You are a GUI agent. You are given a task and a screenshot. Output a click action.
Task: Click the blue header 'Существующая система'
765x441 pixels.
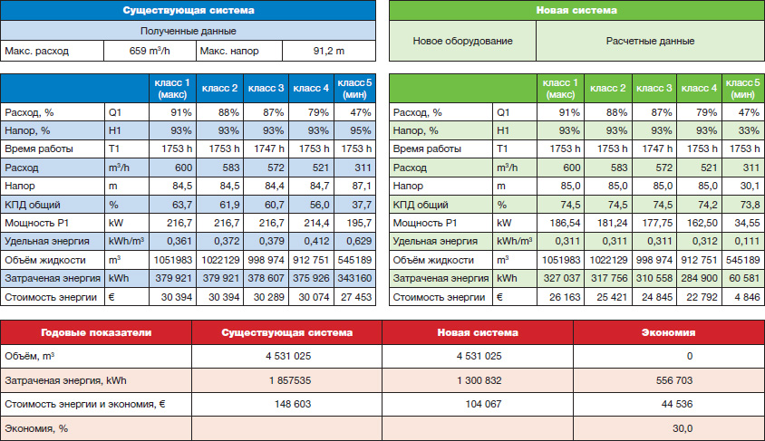pos(189,10)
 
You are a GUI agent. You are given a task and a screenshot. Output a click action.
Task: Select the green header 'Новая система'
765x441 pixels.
pos(576,10)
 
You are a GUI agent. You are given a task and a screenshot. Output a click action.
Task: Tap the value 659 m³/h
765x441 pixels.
pos(150,51)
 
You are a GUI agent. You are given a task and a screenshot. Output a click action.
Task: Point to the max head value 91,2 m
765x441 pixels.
pos(329,51)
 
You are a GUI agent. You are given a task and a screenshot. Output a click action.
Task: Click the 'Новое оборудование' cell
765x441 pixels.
pos(462,41)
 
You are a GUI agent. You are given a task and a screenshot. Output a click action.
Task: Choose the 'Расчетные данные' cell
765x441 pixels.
pos(651,41)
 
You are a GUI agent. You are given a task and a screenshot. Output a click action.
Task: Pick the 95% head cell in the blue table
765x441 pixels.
pos(361,130)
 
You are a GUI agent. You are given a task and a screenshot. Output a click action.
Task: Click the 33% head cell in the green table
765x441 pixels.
pos(749,130)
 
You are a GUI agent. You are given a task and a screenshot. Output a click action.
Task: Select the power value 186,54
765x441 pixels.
pos(565,223)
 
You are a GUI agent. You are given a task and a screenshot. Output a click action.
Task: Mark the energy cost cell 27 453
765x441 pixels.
pos(356,297)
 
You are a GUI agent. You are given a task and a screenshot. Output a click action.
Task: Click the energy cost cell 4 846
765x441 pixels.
pos(747,297)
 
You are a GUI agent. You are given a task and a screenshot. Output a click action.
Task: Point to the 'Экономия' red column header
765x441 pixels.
pos(668,332)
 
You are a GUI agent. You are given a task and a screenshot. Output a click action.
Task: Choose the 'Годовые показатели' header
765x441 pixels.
pos(96,332)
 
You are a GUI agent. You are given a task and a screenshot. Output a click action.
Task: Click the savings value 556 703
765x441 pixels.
pos(674,380)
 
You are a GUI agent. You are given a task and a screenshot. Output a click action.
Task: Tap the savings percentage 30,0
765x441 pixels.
pos(683,428)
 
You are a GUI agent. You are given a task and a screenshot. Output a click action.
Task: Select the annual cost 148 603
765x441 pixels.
pos(293,404)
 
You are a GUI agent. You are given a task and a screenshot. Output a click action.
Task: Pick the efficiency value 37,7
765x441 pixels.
pos(362,205)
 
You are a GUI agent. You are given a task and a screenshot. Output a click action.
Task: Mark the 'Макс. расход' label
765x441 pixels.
pos(36,51)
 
